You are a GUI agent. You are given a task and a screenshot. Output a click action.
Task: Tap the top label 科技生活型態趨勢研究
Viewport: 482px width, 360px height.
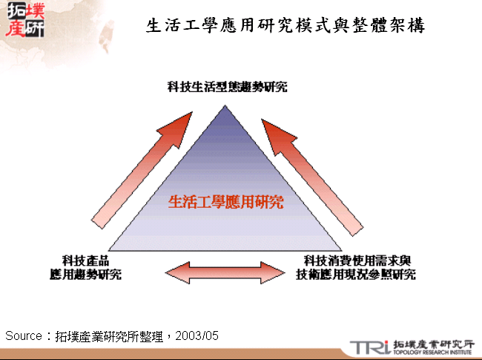coord(226,87)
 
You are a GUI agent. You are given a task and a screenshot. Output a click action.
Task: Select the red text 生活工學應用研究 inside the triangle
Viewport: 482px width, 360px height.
coord(226,202)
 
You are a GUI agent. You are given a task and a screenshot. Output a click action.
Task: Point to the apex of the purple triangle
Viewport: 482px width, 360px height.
coord(226,106)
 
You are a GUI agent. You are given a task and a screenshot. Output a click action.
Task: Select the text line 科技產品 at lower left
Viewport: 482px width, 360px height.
coord(86,261)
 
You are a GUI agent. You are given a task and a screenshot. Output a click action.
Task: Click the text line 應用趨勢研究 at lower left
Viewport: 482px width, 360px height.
coord(82,274)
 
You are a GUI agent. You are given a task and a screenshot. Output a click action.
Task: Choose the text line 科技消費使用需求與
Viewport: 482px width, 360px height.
coord(357,261)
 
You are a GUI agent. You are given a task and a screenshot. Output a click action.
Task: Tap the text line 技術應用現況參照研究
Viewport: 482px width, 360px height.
coord(356,274)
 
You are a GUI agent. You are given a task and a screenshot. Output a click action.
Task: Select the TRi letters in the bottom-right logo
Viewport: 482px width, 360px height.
coord(367,347)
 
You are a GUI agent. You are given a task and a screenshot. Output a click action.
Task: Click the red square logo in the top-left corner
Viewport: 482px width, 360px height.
coord(24,21)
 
